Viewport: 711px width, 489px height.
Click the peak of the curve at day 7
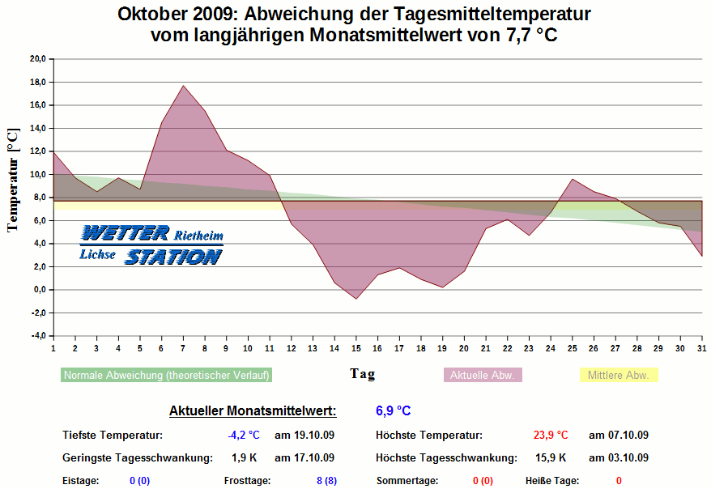(x=183, y=86)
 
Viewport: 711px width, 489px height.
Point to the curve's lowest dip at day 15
(x=355, y=299)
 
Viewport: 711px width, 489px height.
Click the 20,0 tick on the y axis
(x=37, y=59)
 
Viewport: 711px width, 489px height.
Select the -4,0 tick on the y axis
(x=37, y=336)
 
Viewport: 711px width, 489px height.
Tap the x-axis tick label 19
(x=442, y=348)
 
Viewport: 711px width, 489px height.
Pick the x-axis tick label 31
(x=701, y=348)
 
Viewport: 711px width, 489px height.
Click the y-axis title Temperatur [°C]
(x=12, y=180)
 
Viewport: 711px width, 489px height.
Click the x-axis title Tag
(x=362, y=374)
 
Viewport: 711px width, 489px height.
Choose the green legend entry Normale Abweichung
(x=167, y=376)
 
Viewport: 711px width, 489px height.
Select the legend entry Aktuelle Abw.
(x=482, y=376)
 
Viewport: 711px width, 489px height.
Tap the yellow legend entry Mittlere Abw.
(x=619, y=376)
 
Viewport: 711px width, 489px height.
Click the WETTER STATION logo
(x=151, y=245)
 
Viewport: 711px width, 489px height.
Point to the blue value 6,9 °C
(x=394, y=411)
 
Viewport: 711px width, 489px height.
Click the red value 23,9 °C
(x=551, y=436)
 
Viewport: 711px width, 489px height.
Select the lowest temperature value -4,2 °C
(x=243, y=436)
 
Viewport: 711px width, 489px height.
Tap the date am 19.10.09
(x=304, y=436)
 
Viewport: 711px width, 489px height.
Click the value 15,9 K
(x=551, y=457)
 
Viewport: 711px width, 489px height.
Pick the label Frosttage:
(x=246, y=481)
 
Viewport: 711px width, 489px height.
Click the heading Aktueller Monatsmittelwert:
(x=252, y=411)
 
